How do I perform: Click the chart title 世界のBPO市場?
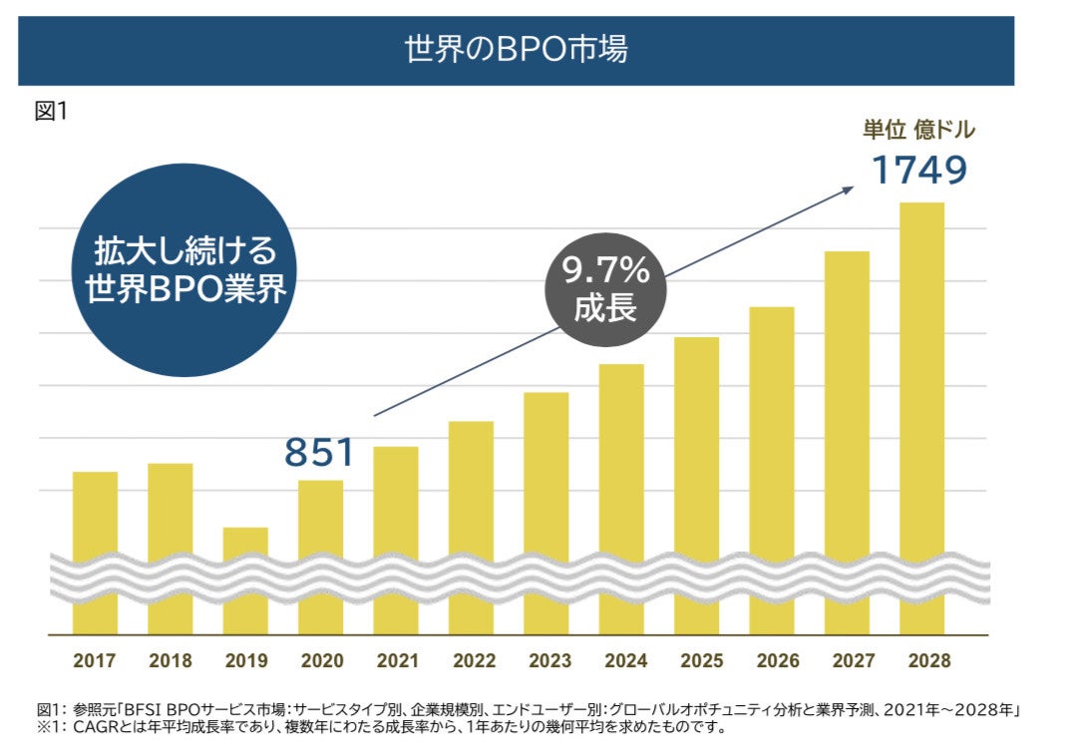[516, 49]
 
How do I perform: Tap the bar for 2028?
[921, 419]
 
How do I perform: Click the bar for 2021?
[396, 539]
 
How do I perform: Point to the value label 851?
[319, 452]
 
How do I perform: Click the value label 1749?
[919, 170]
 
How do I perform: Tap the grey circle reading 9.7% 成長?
[605, 290]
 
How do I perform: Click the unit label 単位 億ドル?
[918, 130]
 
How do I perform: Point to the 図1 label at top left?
[51, 111]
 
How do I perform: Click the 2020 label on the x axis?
[321, 660]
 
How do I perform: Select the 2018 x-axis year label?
[171, 660]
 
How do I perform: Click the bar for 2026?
[772, 469]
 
